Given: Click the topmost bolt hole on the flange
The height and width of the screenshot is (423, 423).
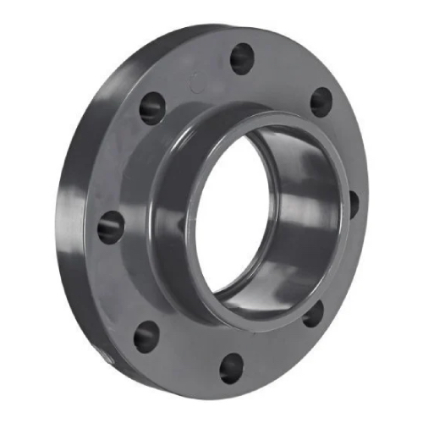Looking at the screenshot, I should [242, 58].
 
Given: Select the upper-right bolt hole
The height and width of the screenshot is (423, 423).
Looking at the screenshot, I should [321, 102].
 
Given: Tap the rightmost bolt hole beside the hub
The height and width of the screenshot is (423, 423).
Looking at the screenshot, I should [353, 203].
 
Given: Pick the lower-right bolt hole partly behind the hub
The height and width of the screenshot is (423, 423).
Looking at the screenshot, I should [315, 314].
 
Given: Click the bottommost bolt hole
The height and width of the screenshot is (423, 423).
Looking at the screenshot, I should [230, 368].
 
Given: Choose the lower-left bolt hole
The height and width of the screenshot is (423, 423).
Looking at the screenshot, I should [146, 335].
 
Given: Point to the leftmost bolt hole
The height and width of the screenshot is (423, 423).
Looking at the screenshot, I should [110, 227].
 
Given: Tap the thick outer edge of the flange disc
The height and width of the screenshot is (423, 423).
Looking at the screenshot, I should [72, 254].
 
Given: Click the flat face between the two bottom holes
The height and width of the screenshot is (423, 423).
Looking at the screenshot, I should [186, 355].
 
